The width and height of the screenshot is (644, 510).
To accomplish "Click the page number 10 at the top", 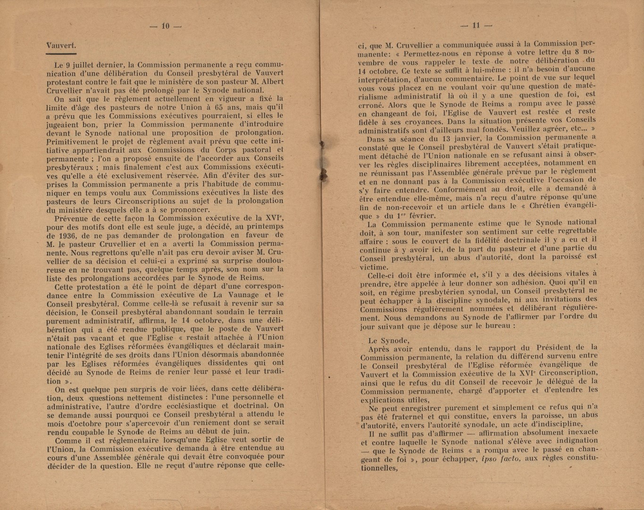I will click(x=165, y=26).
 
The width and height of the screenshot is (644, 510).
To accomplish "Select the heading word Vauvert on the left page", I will click(x=61, y=46).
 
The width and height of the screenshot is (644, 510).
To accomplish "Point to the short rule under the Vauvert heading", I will click(x=61, y=54).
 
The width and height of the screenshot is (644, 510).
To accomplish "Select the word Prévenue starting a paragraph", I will click(x=71, y=218).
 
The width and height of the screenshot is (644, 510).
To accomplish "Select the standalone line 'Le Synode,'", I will click(x=389, y=340).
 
